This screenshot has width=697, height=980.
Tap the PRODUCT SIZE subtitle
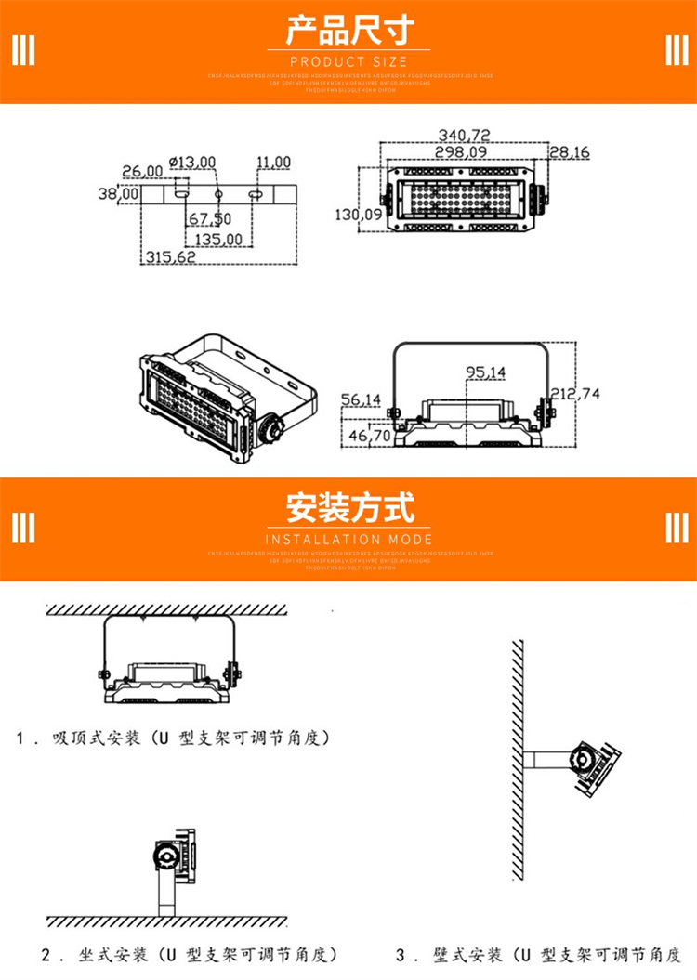348,61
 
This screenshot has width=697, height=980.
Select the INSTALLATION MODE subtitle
348,539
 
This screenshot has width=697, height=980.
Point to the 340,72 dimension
465,136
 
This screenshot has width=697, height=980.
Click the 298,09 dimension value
461,151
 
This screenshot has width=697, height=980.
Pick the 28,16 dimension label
569,152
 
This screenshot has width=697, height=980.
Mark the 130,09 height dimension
358,215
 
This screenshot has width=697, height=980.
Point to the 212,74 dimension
575,394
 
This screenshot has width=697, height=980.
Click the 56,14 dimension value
361,399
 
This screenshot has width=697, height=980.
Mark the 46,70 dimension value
368,434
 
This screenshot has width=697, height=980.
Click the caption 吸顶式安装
97,739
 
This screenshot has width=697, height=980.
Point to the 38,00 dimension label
118,193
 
